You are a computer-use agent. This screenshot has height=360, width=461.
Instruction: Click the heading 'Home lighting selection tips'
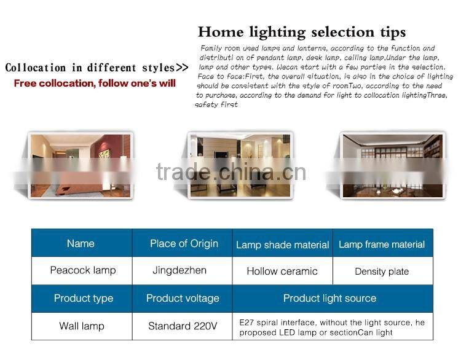[x=302, y=32]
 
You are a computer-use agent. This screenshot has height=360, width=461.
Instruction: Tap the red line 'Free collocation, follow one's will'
[x=95, y=83]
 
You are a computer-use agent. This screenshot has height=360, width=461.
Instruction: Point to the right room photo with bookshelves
[x=392, y=165]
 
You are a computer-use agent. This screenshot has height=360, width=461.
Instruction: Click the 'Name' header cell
[x=81, y=243]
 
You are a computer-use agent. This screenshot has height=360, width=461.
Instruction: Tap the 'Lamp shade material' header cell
[x=282, y=245]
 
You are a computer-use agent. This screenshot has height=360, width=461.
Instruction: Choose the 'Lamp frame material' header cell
[x=382, y=245]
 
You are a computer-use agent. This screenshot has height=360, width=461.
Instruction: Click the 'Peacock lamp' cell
[x=82, y=270]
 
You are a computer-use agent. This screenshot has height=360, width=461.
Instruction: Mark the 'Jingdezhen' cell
[x=179, y=270]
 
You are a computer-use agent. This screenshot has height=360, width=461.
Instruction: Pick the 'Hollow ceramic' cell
[x=282, y=271]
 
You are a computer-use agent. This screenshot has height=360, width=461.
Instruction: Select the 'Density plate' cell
[x=382, y=271]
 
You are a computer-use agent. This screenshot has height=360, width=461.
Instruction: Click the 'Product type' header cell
[x=84, y=299]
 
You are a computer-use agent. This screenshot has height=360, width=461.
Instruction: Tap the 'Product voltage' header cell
[x=183, y=299]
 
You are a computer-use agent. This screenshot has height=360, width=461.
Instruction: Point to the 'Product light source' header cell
[x=329, y=299]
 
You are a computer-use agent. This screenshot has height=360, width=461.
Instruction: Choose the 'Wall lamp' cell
[x=82, y=326]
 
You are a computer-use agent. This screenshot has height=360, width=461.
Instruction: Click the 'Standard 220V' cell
[x=183, y=326]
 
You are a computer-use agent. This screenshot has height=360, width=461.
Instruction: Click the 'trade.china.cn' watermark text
[x=231, y=173]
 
